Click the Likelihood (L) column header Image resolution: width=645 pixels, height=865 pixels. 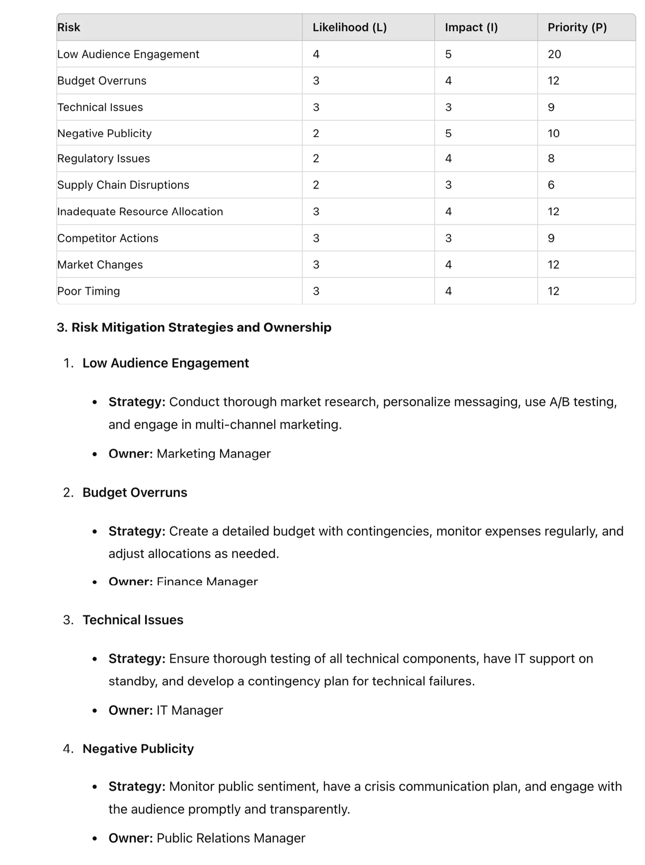[350, 27]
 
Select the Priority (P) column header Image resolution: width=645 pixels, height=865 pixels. [577, 27]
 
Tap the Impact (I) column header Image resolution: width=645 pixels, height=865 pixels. [471, 27]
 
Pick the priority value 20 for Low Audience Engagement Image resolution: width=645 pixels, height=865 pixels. [554, 54]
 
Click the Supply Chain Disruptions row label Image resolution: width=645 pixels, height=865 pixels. [123, 185]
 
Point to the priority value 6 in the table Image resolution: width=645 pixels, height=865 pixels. [551, 185]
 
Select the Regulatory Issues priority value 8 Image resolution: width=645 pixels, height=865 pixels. [551, 159]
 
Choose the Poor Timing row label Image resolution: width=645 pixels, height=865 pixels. [89, 291]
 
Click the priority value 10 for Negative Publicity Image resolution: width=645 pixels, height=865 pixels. [553, 133]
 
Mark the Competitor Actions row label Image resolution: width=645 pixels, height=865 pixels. [108, 238]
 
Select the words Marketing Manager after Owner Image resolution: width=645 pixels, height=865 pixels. [213, 454]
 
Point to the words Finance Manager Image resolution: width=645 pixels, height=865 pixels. [207, 582]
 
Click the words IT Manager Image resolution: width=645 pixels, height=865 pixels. [190, 711]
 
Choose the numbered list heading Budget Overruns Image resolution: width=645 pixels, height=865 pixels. [135, 493]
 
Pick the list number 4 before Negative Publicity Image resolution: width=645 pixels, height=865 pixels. [68, 749]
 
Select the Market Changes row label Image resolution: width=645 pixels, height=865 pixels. [100, 265]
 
